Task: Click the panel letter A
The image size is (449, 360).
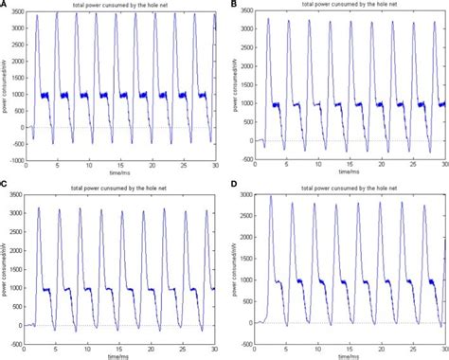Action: click(x=6, y=6)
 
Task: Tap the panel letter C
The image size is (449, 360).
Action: click(x=6, y=186)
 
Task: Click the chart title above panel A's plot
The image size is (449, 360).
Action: click(x=118, y=8)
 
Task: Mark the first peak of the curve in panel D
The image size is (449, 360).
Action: click(x=271, y=197)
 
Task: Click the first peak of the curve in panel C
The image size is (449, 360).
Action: click(x=40, y=208)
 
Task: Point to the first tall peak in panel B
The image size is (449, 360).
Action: click(x=269, y=20)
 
